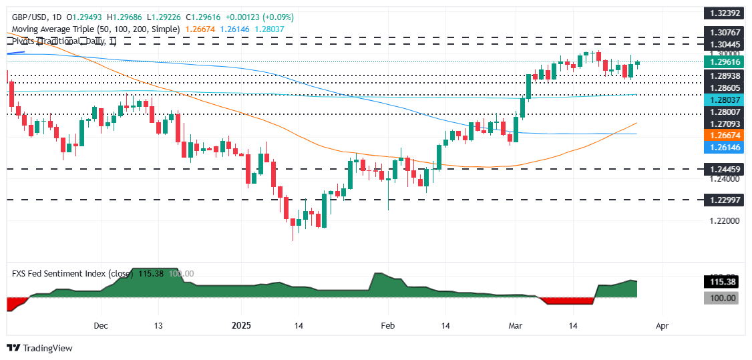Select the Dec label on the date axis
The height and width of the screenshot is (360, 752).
pos(101,326)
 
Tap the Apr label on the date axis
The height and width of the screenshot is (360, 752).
pos(661,326)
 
